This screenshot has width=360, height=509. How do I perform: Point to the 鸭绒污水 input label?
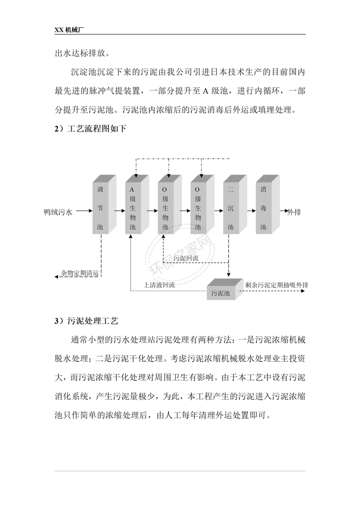[58, 212]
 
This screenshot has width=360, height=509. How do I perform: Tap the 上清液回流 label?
[159, 285]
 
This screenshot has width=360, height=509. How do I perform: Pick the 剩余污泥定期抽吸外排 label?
[276, 285]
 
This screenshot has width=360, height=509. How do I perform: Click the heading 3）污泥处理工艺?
[86, 321]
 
